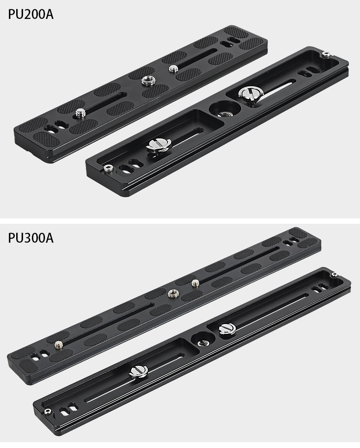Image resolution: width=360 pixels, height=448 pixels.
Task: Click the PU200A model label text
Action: pos(31,14)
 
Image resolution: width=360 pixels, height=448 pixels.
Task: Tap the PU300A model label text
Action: pos(31,238)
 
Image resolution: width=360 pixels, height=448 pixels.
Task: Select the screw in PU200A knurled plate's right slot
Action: pos(173,68)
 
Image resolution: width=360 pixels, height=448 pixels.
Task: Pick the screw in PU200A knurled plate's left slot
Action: pos(80,113)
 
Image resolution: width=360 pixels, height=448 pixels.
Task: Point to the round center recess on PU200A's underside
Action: pos(225,110)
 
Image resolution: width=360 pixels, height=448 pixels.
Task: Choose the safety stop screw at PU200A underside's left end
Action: pos(108,168)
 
